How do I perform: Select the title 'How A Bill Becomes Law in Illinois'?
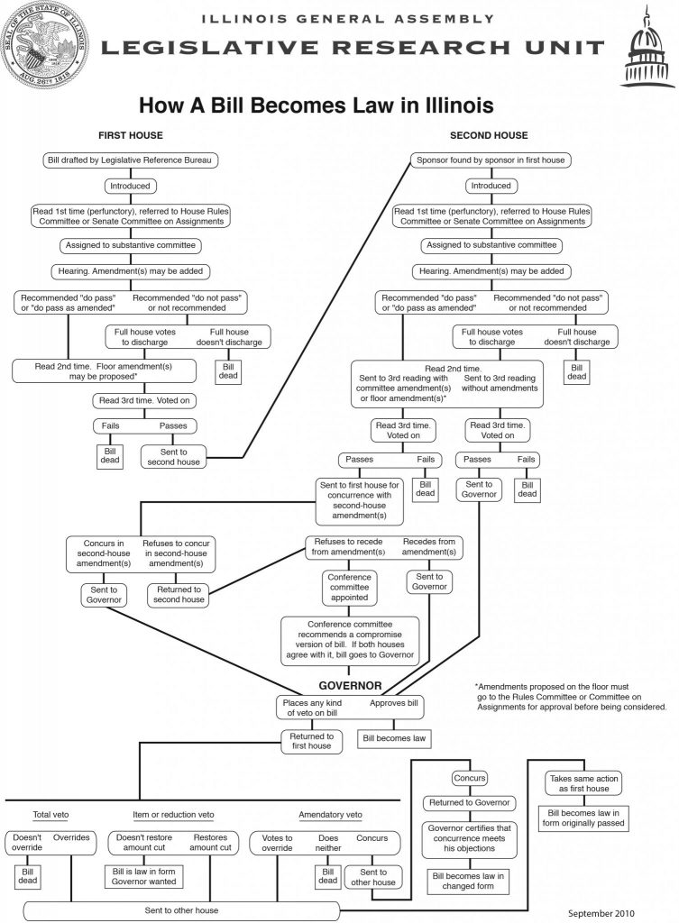pos(317,105)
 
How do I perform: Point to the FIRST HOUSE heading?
pos(131,135)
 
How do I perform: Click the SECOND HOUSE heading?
pos(489,135)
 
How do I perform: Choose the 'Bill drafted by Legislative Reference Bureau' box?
pos(130,160)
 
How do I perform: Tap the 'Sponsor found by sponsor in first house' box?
pos(491,160)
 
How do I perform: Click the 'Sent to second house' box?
pos(174,457)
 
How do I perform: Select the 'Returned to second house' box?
pos(179,595)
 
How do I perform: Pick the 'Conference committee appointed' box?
pos(349,588)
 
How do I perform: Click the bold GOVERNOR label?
pos(351,686)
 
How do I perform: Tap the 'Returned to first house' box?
pos(311,741)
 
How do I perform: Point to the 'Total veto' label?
pos(50,815)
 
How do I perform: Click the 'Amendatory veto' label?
pos(330,815)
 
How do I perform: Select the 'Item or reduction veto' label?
pos(173,815)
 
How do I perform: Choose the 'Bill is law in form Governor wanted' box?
pos(143,876)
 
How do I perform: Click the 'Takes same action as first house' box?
pos(584,783)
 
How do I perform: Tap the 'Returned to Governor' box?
pos(470,803)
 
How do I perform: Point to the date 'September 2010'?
pos(601,913)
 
